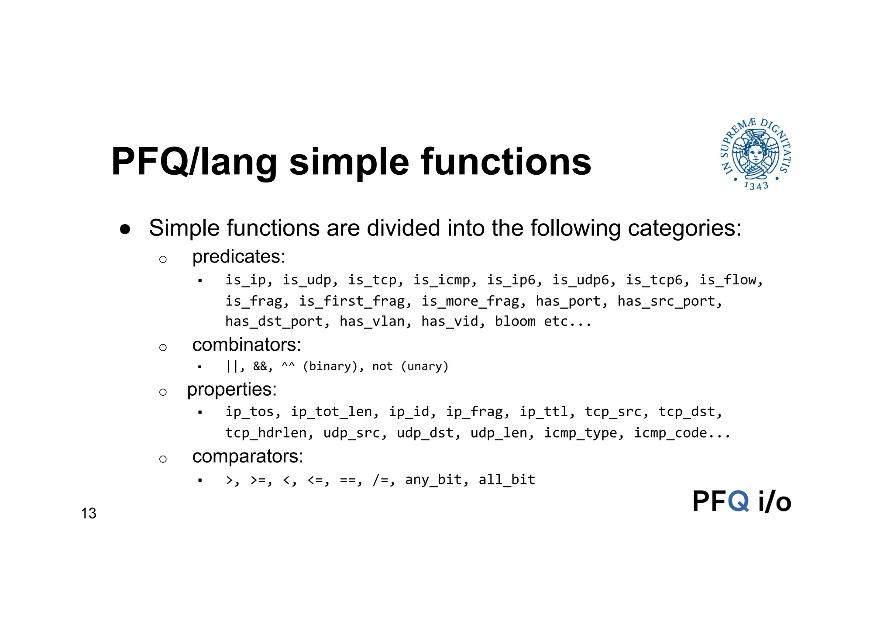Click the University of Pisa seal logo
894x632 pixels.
pyautogui.click(x=756, y=154)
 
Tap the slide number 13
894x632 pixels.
pyautogui.click(x=89, y=513)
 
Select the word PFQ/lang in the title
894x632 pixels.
pyautogui.click(x=194, y=162)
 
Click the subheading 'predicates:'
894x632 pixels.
pyautogui.click(x=239, y=256)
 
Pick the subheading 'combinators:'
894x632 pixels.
pyautogui.click(x=247, y=345)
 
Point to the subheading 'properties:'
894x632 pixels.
pyautogui.click(x=232, y=389)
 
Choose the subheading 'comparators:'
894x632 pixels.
pyautogui.click(x=248, y=456)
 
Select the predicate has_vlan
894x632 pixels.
pyautogui.click(x=372, y=321)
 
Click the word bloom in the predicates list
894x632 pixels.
pyautogui.click(x=515, y=321)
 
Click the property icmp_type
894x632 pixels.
pyautogui.click(x=580, y=433)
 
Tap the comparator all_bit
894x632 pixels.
pyautogui.click(x=507, y=480)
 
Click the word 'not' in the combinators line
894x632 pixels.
pyautogui.click(x=382, y=366)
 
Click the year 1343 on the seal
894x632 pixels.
pyautogui.click(x=756, y=186)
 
